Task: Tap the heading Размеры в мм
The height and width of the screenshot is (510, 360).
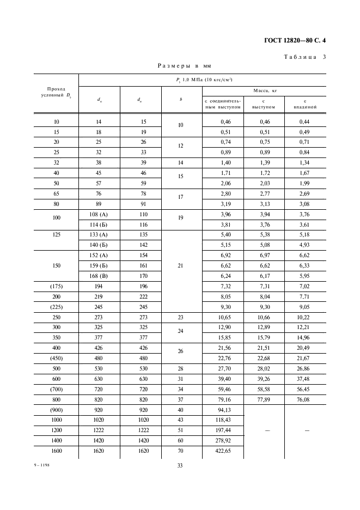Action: (x=184, y=66)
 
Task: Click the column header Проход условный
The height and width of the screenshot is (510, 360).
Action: (x=57, y=92)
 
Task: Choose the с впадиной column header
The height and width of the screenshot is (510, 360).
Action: (x=305, y=104)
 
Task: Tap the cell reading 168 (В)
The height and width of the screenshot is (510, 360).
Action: (x=100, y=276)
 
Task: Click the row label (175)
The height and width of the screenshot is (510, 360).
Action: (x=57, y=286)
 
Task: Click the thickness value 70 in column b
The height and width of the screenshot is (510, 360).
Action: (x=181, y=451)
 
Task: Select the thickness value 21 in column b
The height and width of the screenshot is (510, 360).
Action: (x=181, y=265)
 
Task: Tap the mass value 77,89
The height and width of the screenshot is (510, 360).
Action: (x=264, y=400)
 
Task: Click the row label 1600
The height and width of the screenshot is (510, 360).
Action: (x=57, y=451)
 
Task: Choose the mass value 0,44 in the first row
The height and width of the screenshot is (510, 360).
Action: (x=305, y=122)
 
